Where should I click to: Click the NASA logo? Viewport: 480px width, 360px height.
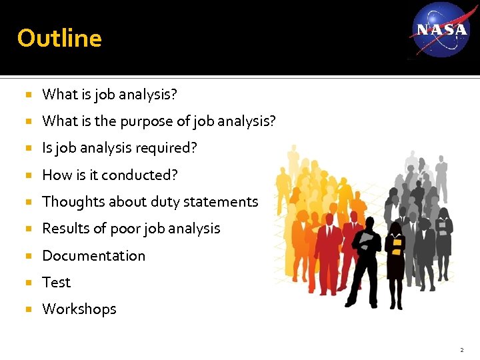coord(441,29)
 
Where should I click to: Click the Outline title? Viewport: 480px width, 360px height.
coord(59,38)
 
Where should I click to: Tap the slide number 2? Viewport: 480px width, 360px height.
coord(461,349)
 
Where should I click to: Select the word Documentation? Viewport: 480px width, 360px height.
coord(93,256)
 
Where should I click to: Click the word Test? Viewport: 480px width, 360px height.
coord(56,283)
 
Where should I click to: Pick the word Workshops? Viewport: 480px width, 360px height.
coord(79,309)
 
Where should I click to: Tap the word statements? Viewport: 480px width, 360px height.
coord(225,202)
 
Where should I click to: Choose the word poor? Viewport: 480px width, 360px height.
coord(125,229)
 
